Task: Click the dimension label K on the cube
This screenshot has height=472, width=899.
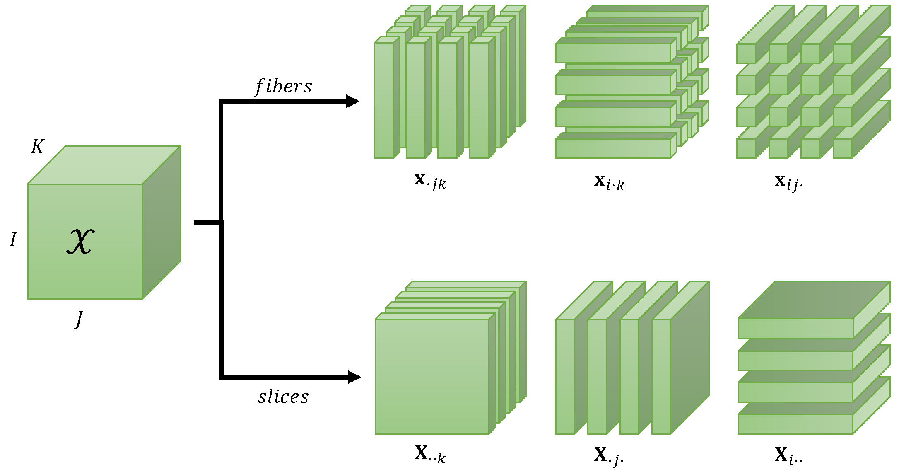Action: [37, 147]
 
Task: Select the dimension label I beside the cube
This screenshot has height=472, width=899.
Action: [13, 240]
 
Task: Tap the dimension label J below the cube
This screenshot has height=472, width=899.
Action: [79, 319]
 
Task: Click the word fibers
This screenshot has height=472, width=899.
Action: [283, 87]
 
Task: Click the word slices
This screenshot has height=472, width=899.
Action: [283, 397]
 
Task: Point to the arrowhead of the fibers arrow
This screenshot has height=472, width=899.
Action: [352, 101]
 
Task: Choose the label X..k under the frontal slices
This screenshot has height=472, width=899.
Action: [430, 454]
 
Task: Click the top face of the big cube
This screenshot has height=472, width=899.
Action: [104, 165]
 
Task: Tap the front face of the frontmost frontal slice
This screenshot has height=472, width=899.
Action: [432, 376]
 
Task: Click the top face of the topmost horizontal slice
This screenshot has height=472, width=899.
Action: [814, 300]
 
